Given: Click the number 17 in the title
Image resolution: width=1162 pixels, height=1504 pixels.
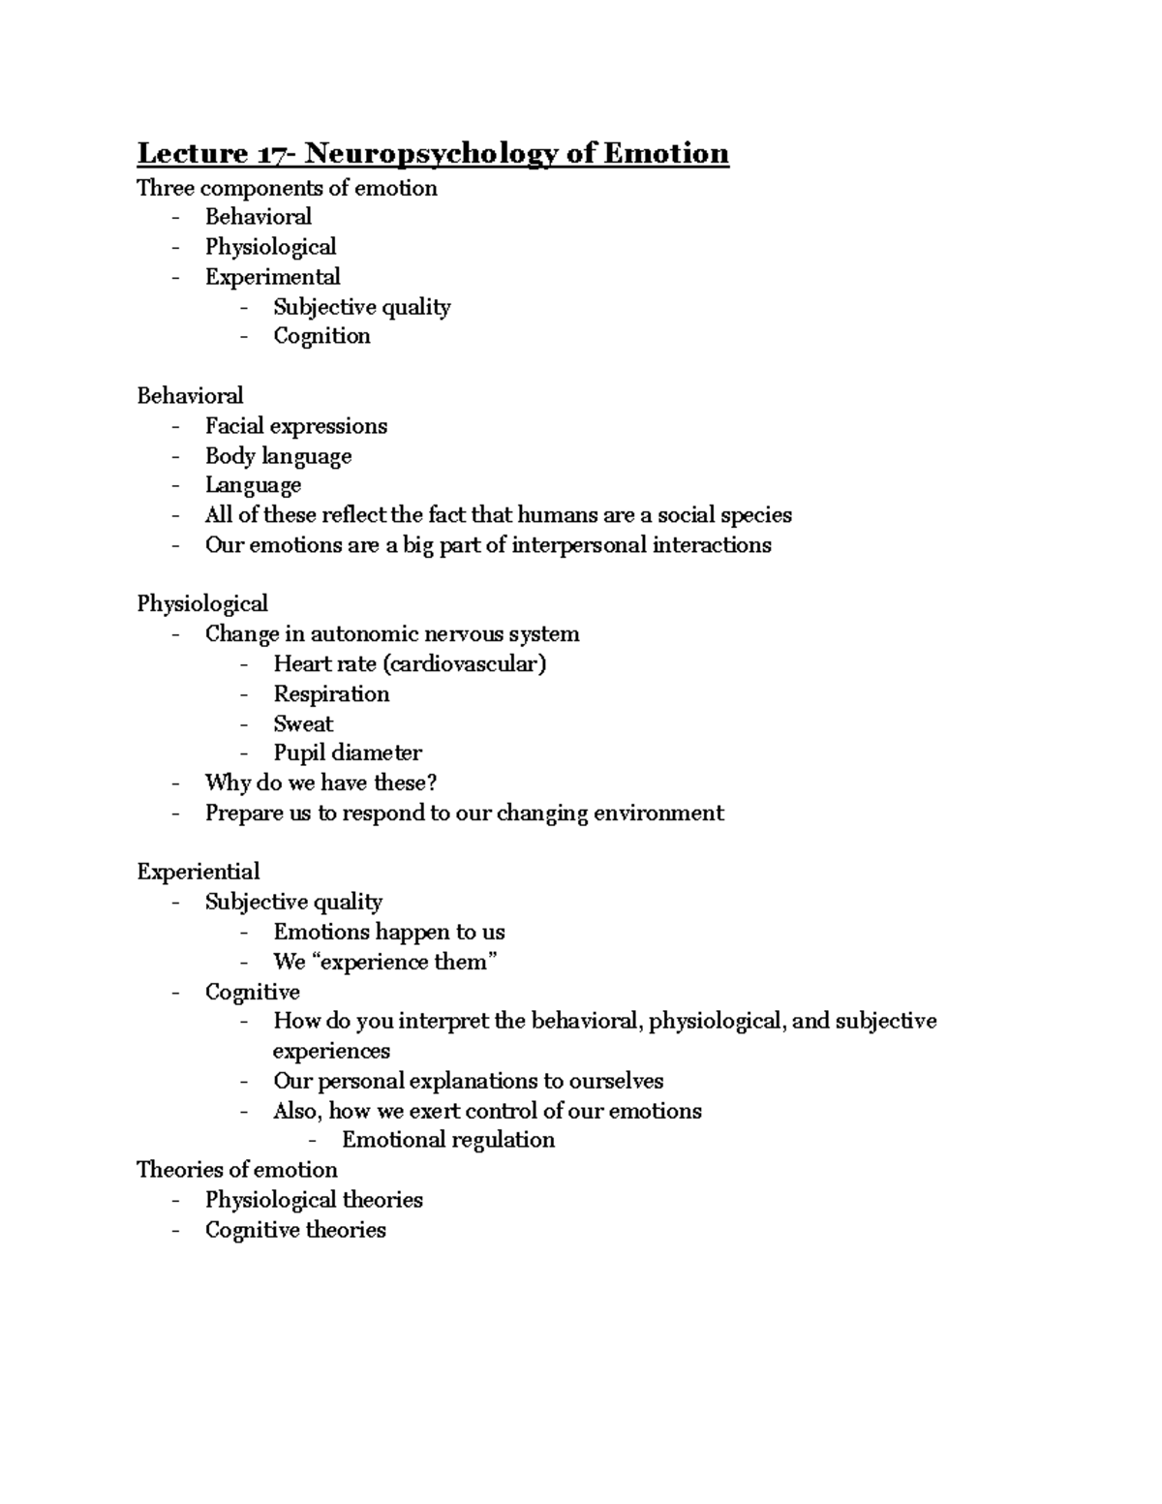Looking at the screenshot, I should click(x=269, y=154).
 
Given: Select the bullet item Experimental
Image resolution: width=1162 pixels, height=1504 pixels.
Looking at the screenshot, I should click(x=272, y=277).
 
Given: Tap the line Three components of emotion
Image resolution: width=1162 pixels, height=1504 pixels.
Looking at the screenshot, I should click(x=287, y=188).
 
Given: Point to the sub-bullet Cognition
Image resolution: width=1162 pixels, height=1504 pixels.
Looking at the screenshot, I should click(x=321, y=336).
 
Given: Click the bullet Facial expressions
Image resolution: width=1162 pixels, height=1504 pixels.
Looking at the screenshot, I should click(x=295, y=426).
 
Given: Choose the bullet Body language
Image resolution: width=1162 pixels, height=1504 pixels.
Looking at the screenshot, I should click(x=278, y=456).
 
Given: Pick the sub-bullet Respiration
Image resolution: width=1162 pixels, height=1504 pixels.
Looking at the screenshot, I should click(x=331, y=694).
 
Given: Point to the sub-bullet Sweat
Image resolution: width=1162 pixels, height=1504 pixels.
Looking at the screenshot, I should click(x=303, y=724).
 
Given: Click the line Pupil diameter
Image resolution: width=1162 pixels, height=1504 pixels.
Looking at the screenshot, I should click(x=348, y=753).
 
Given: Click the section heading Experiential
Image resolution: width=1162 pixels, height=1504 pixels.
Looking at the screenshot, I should click(x=199, y=872).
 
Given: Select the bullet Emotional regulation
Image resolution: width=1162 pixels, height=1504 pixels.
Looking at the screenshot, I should click(x=448, y=1140).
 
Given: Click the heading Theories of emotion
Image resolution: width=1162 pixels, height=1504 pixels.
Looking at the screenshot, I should click(x=237, y=1170).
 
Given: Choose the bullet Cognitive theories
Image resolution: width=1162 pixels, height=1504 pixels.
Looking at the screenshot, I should click(x=295, y=1230).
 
